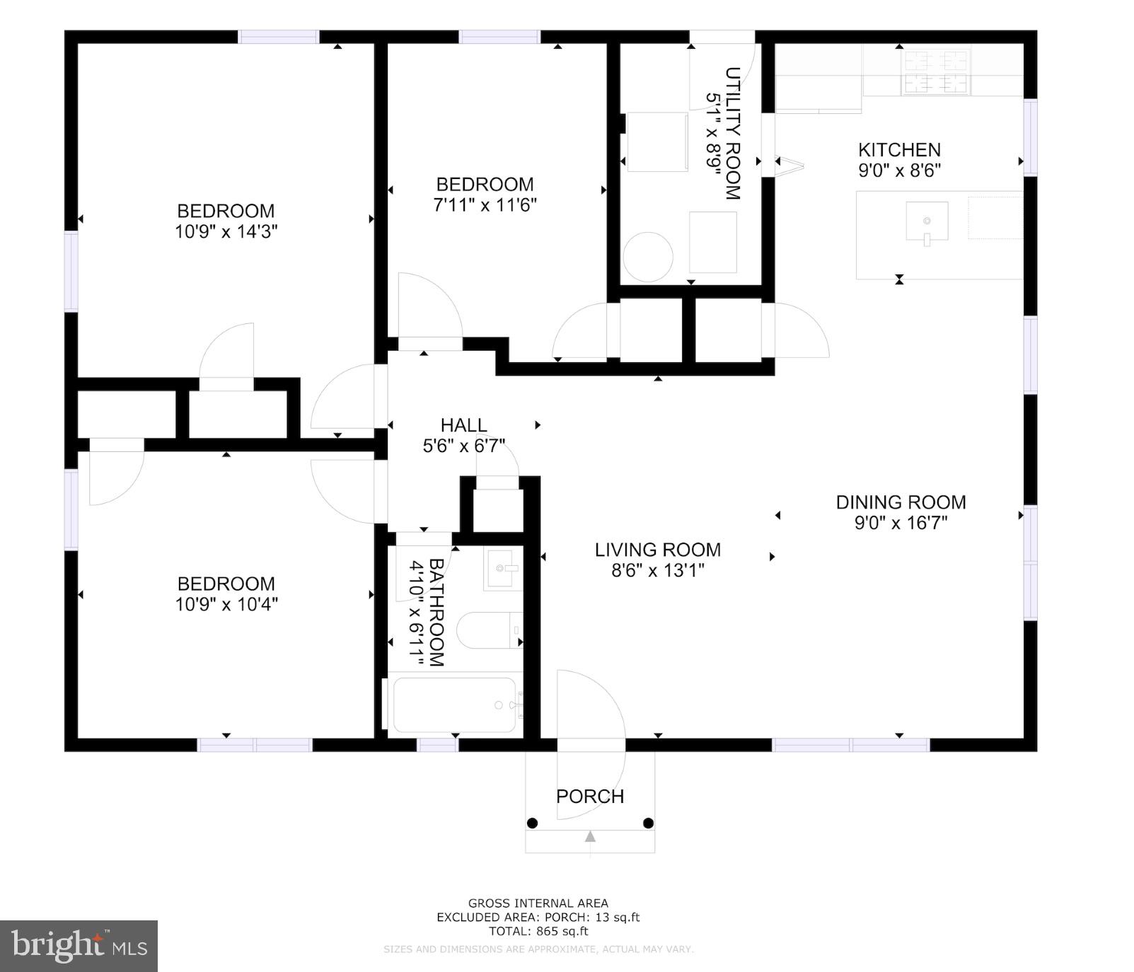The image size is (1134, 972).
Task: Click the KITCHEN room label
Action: pyautogui.click(x=899, y=150)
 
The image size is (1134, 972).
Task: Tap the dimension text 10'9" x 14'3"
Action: pyautogui.click(x=226, y=231)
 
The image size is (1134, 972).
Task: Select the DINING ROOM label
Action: pyautogui.click(x=901, y=502)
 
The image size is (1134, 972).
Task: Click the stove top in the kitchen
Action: pyautogui.click(x=935, y=71)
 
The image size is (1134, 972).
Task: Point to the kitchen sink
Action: pyautogui.click(x=927, y=221)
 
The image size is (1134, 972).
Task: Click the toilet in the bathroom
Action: pyautogui.click(x=488, y=630)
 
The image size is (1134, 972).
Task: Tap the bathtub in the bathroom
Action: pyautogui.click(x=454, y=705)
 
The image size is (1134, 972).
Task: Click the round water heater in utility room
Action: pyautogui.click(x=647, y=257)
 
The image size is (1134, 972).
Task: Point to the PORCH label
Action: pyautogui.click(x=590, y=797)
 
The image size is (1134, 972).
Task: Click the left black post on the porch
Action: pyautogui.click(x=533, y=823)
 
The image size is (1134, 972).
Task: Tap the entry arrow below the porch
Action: pyautogui.click(x=590, y=837)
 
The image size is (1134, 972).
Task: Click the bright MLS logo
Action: pyautogui.click(x=79, y=946)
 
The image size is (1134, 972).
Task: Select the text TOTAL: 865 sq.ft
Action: pyautogui.click(x=538, y=931)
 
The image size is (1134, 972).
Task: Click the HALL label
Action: pyautogui.click(x=464, y=425)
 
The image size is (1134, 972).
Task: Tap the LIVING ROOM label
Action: pyautogui.click(x=658, y=550)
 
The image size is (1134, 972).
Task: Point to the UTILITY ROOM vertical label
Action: pyautogui.click(x=733, y=133)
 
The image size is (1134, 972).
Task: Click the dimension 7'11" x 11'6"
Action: pyautogui.click(x=485, y=205)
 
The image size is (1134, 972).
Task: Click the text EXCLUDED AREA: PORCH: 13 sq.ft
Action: pyautogui.click(x=538, y=917)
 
